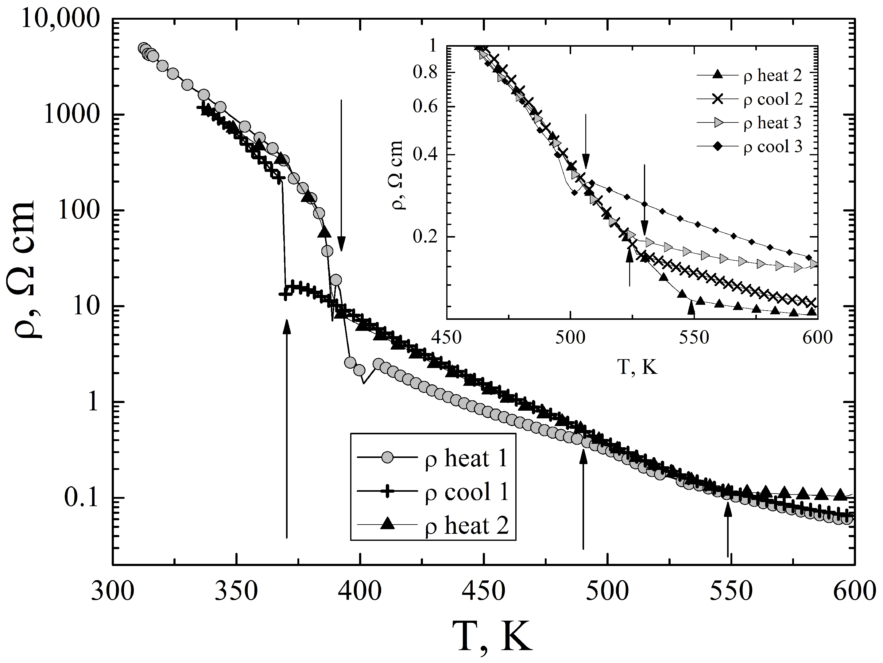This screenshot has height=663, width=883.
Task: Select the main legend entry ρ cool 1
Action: [x=466, y=492]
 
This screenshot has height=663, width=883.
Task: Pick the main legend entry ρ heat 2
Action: [x=466, y=525]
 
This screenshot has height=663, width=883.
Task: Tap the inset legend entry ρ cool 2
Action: [x=773, y=99]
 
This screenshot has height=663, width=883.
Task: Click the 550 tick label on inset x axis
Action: [x=694, y=338]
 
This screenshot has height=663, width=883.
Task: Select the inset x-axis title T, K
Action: [x=637, y=366]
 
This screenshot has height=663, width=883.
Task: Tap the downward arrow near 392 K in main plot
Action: [x=341, y=176]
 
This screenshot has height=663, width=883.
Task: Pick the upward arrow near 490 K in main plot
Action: [x=583, y=499]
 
